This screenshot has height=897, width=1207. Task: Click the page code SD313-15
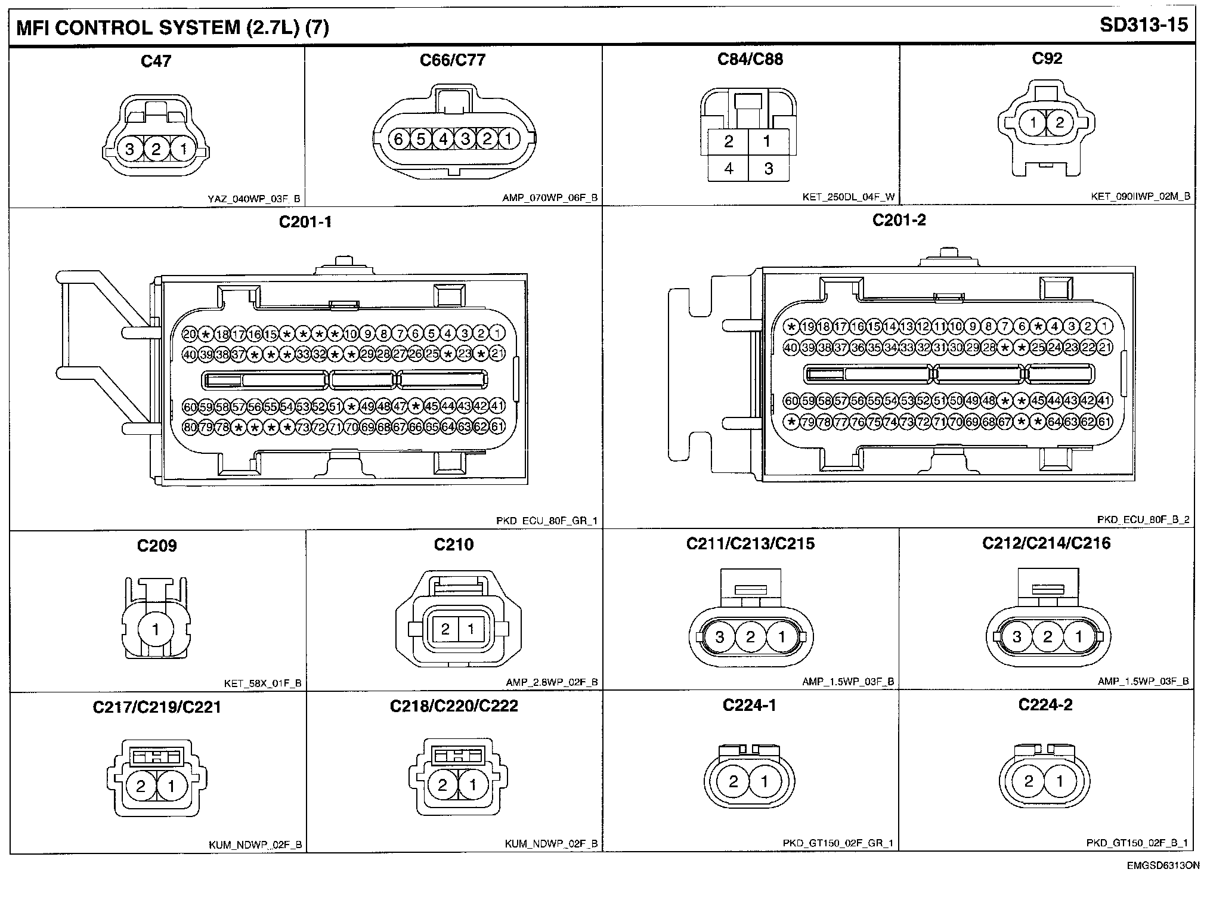point(1144,26)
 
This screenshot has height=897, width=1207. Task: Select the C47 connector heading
point(156,61)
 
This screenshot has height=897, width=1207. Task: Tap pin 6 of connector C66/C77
point(399,140)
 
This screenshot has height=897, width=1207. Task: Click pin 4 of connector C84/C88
point(728,169)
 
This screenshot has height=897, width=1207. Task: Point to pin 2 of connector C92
point(1060,123)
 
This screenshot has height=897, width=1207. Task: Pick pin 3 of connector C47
point(129,149)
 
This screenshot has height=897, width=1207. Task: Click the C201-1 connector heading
point(305,222)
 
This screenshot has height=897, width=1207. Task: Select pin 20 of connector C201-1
point(190,334)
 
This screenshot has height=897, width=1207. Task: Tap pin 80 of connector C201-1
point(190,427)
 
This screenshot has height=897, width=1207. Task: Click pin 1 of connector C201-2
point(1104,326)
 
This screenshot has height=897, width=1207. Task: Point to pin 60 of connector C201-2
point(791,401)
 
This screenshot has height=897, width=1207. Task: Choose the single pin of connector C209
point(156,629)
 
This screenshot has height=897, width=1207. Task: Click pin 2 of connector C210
point(445,629)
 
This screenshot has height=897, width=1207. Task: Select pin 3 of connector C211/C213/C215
point(719,637)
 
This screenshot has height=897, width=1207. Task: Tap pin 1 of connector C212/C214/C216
point(1078,637)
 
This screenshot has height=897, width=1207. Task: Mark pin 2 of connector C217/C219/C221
point(141,786)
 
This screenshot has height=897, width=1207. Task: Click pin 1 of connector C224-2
point(1060,781)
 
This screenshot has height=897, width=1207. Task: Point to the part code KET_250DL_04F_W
point(848,197)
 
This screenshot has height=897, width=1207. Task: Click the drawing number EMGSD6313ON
point(1163,865)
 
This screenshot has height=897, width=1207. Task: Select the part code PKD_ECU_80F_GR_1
point(546,521)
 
